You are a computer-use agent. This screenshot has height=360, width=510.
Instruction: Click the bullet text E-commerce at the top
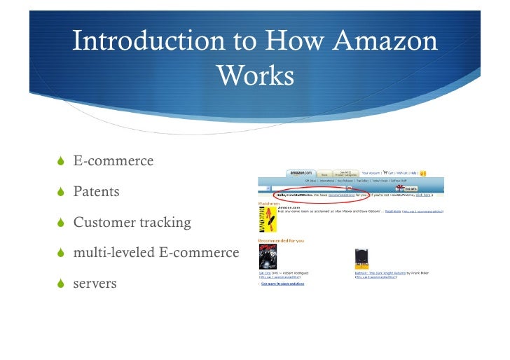pyautogui.click(x=113, y=160)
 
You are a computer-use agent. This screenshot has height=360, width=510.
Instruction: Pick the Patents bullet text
pyautogui.click(x=96, y=191)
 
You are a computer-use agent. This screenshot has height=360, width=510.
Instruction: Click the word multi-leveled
pyautogui.click(x=112, y=253)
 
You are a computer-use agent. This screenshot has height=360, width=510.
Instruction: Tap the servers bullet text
pyautogui.click(x=95, y=284)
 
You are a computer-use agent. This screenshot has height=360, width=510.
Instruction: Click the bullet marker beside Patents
pyautogui.click(x=62, y=191)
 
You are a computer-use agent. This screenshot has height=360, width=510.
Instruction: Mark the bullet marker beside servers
pyautogui.click(x=62, y=284)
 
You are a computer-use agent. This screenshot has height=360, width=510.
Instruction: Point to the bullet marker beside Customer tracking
pyautogui.click(x=62, y=222)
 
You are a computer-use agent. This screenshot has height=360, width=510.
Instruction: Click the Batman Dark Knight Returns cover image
pyautogui.click(x=361, y=257)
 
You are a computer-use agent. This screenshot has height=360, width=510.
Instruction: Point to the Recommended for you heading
pyautogui.click(x=281, y=240)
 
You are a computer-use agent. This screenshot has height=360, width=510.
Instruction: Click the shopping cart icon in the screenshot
pyautogui.click(x=385, y=172)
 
